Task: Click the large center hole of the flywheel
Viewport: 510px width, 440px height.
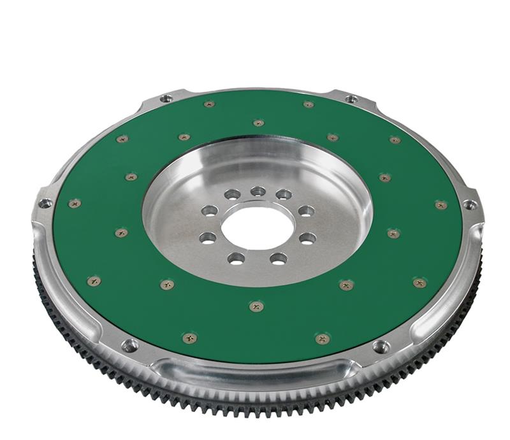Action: pyautogui.click(x=258, y=227)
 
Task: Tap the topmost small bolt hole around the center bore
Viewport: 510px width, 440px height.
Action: pyautogui.click(x=258, y=191)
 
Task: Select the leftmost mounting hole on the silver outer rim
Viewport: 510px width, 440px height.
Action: pyautogui.click(x=45, y=204)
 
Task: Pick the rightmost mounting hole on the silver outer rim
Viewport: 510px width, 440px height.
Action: pyautogui.click(x=470, y=205)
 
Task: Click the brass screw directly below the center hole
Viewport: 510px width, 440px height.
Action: pyautogui.click(x=256, y=307)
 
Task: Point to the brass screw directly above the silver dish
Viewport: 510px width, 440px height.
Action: pyautogui.click(x=258, y=122)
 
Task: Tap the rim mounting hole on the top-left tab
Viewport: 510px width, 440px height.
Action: pyautogui.click(x=166, y=99)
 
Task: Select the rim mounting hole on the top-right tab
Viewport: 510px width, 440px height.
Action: pyautogui.click(x=351, y=99)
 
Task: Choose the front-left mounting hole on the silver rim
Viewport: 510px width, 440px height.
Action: pyautogui.click(x=130, y=346)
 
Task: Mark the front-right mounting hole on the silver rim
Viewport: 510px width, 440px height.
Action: pyautogui.click(x=381, y=347)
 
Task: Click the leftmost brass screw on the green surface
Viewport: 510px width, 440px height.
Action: pyautogui.click(x=75, y=203)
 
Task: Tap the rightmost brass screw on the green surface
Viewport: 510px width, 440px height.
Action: pyautogui.click(x=441, y=204)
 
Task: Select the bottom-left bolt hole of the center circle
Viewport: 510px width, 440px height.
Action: pyautogui.click(x=237, y=258)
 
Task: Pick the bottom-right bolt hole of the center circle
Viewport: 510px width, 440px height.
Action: pyautogui.click(x=279, y=258)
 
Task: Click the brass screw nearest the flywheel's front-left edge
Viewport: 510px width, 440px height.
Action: pyautogui.click(x=189, y=338)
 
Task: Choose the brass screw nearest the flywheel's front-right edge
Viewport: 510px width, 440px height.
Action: pyautogui.click(x=323, y=339)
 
